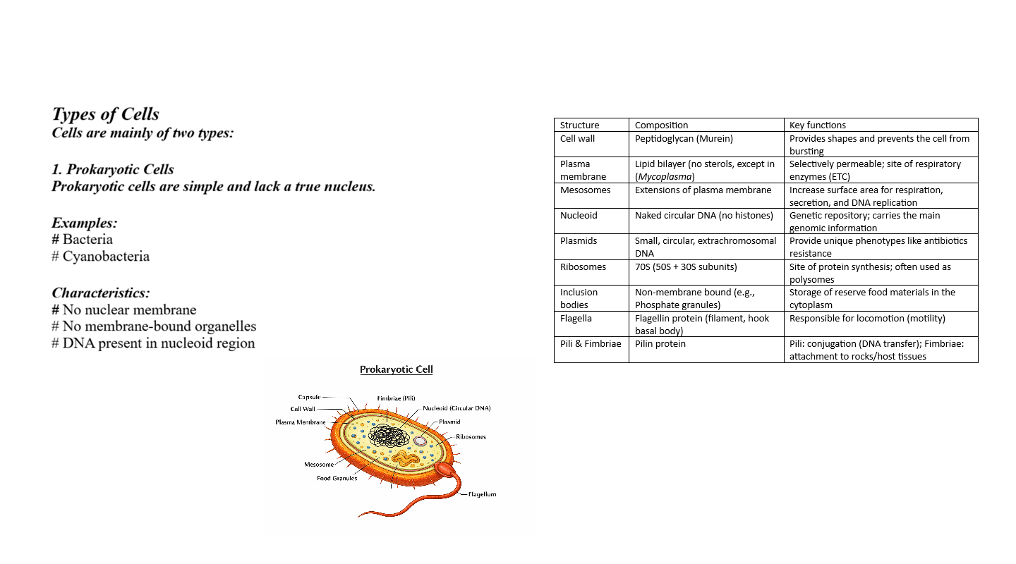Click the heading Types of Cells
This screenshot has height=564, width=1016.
pyautogui.click(x=106, y=115)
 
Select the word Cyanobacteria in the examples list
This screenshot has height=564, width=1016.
pyautogui.click(x=106, y=257)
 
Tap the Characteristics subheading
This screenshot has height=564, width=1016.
pyautogui.click(x=101, y=293)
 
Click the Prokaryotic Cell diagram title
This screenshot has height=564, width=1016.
pyautogui.click(x=396, y=369)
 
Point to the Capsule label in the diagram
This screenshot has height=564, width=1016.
pyautogui.click(x=309, y=397)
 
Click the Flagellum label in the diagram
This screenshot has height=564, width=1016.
pyautogui.click(x=483, y=494)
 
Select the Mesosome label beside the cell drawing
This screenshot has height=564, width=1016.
pyautogui.click(x=319, y=465)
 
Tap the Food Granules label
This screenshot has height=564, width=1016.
pyautogui.click(x=337, y=478)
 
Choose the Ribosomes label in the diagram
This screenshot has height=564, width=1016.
pyautogui.click(x=471, y=437)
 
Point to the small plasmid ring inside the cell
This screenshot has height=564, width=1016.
pyautogui.click(x=420, y=441)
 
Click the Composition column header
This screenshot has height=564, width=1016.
pyautogui.click(x=661, y=125)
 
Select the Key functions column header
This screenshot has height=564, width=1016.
pyautogui.click(x=817, y=125)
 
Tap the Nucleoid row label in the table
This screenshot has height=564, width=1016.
pyautogui.click(x=579, y=216)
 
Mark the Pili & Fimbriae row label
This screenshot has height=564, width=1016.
pyautogui.click(x=591, y=344)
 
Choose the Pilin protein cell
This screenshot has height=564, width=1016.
pyautogui.click(x=660, y=344)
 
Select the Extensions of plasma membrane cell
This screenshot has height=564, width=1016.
pyautogui.click(x=703, y=190)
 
